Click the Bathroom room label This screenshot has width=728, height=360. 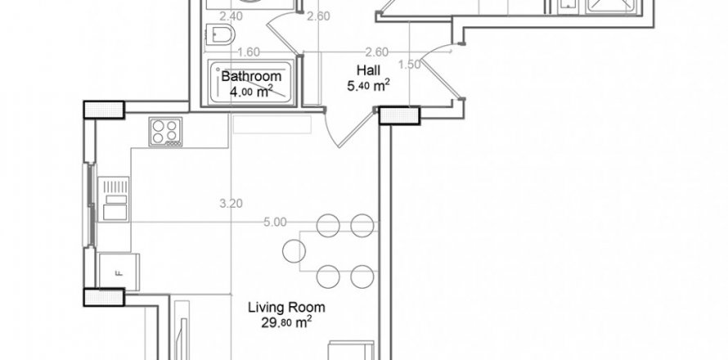click(252, 76)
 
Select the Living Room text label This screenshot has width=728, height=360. click(286, 308)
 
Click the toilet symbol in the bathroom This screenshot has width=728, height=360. click(221, 34)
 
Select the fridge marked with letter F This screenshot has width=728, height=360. click(119, 272)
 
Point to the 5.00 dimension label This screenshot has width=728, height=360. click(275, 222)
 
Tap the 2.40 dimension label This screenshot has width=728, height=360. click(209, 16)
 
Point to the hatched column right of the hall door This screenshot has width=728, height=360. click(399, 117)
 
